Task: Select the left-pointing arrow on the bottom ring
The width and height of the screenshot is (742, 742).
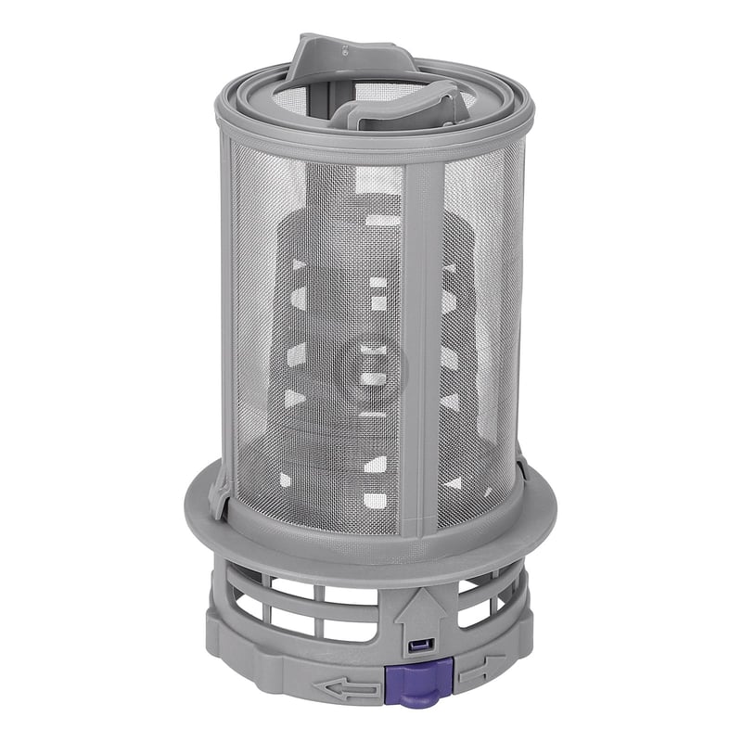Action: pos(347,687)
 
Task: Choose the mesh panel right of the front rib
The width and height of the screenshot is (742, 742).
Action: pos(478,343)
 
